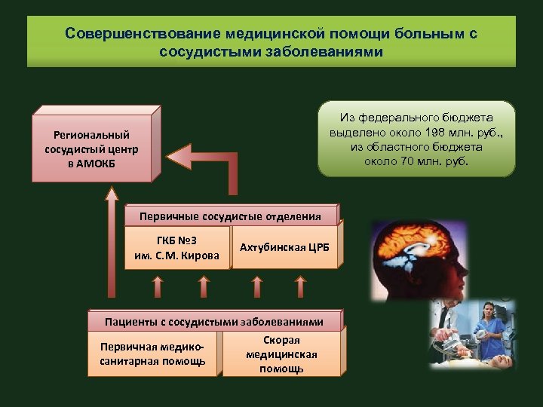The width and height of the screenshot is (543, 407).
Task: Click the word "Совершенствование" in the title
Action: click(133, 34)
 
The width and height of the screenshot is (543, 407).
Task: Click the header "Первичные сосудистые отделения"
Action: click(230, 216)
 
